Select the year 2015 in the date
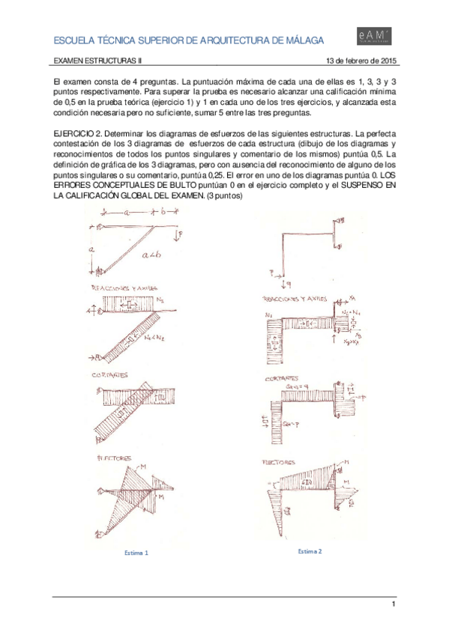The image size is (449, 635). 387,61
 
